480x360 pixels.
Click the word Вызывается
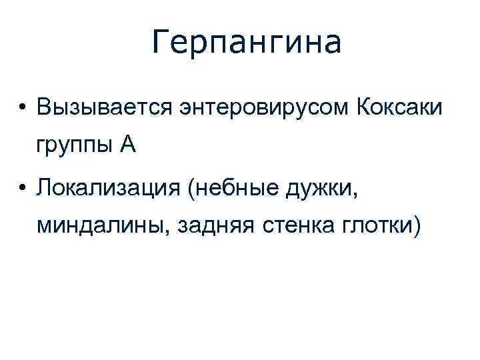107,107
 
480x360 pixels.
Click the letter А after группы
128,145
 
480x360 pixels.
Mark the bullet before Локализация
22,190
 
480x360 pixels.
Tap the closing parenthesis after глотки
417,229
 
